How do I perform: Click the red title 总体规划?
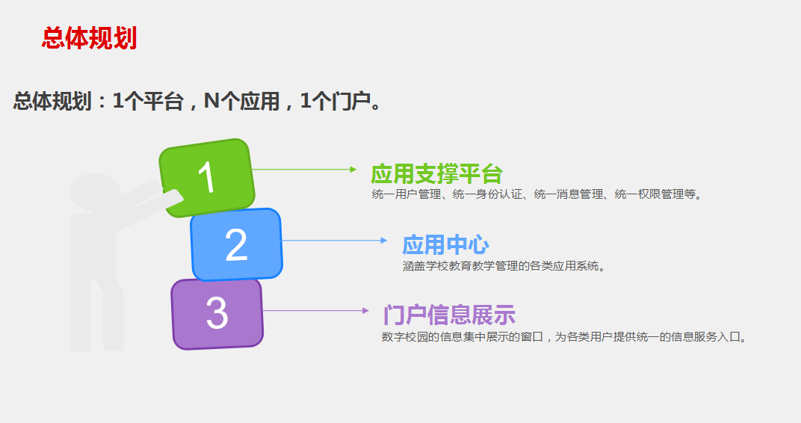(90, 38)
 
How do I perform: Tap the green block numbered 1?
(207, 177)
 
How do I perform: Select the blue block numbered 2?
(237, 244)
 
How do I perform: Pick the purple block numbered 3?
(217, 314)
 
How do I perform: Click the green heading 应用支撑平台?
(437, 173)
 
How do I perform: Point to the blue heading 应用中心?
(445, 244)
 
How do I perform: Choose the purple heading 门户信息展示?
(450, 315)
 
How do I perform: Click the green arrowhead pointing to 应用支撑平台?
(353, 169)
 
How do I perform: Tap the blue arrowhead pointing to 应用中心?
(384, 240)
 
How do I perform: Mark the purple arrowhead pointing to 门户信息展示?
(365, 311)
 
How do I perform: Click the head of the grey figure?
(95, 192)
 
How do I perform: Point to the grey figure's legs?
(97, 314)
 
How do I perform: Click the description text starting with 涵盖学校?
(504, 265)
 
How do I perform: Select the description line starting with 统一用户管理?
(537, 194)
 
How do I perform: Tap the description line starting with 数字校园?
(564, 336)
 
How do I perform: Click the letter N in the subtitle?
(211, 101)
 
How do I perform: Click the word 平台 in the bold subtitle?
(163, 101)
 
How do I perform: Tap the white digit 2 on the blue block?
(236, 244)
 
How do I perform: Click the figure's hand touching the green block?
(173, 198)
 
